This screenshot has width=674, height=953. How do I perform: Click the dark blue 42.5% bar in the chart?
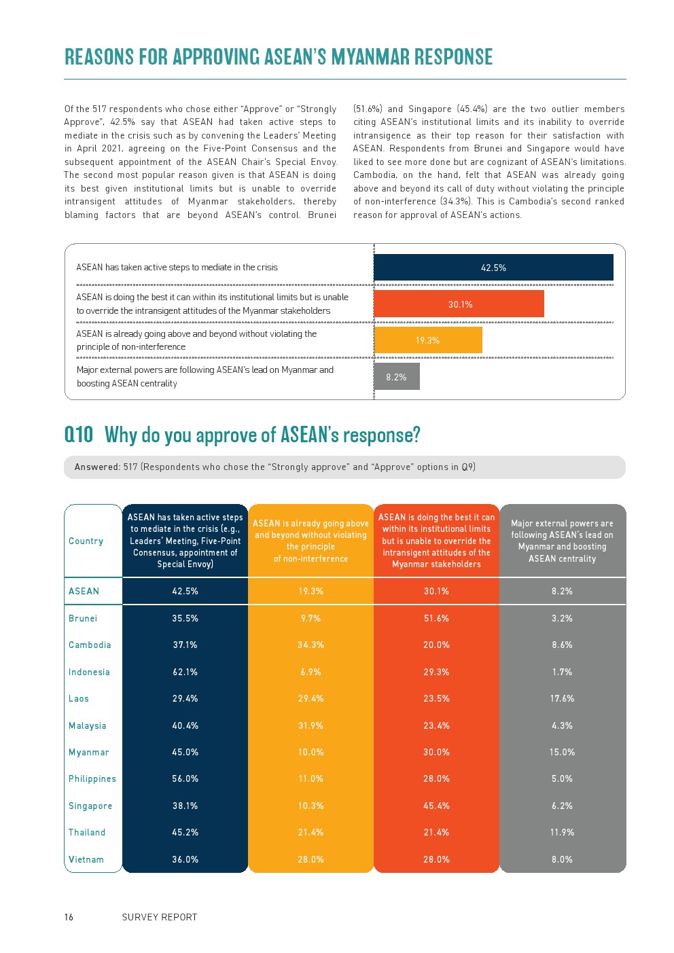tap(493, 268)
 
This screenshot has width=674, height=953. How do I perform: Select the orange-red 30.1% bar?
tap(459, 304)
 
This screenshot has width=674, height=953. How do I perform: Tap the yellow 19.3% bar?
tap(428, 340)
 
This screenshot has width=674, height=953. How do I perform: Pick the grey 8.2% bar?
tap(397, 377)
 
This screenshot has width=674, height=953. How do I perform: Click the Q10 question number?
tap(79, 435)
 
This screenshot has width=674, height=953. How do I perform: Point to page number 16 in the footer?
tap(69, 917)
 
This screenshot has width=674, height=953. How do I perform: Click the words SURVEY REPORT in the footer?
tap(160, 917)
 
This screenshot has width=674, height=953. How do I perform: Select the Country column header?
tap(86, 541)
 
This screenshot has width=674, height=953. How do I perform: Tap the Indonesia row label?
tap(89, 672)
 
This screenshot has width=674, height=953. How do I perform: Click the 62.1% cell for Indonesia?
tap(185, 672)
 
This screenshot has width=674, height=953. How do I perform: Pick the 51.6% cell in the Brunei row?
tap(436, 618)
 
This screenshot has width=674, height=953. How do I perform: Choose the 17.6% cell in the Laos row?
tap(562, 698)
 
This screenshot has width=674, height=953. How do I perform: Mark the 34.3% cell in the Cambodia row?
tap(311, 645)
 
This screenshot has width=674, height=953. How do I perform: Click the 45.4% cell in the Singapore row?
tap(436, 806)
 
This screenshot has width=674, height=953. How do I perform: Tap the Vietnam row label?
tap(86, 859)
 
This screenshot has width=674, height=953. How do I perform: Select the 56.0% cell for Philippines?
tap(185, 778)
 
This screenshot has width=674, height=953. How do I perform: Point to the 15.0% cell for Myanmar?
tap(562, 752)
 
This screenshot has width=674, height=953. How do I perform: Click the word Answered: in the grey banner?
tap(97, 467)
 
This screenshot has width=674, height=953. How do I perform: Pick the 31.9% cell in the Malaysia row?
tap(311, 725)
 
